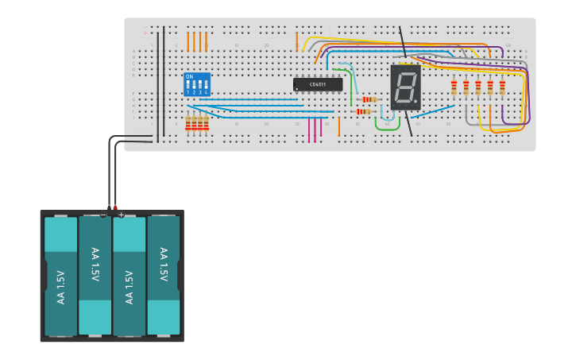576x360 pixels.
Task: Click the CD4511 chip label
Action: point(318,84)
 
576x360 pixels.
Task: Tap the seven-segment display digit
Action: point(404,87)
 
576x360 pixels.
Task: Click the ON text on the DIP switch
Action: point(189,77)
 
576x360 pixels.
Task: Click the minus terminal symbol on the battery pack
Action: point(103,215)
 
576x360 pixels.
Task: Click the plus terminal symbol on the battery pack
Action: point(121,215)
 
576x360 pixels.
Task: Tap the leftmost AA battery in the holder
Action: point(60,276)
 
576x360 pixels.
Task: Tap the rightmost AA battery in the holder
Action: point(164,276)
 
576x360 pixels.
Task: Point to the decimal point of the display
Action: point(415,101)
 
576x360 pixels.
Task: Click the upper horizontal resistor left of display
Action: point(369,99)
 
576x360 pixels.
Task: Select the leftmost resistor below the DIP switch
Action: point(188,122)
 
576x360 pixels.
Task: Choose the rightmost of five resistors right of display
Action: point(502,87)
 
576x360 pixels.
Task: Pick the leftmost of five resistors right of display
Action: point(454,87)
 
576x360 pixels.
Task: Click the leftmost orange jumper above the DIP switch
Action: point(188,41)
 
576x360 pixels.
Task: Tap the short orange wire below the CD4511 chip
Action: point(339,126)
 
